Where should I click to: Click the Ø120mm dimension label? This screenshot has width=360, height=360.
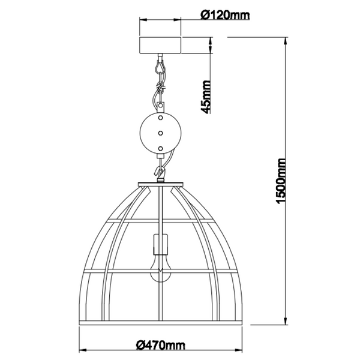pyautogui.click(x=225, y=14)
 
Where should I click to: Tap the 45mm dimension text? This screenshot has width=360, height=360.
pyautogui.click(x=205, y=97)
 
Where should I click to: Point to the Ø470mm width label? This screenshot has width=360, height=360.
pyautogui.click(x=160, y=344)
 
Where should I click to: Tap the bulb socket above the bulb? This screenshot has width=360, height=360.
pyautogui.click(x=161, y=244)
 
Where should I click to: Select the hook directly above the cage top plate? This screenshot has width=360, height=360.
pyautogui.click(x=160, y=172)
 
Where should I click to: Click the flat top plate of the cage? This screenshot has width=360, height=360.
pyautogui.click(x=160, y=184)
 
